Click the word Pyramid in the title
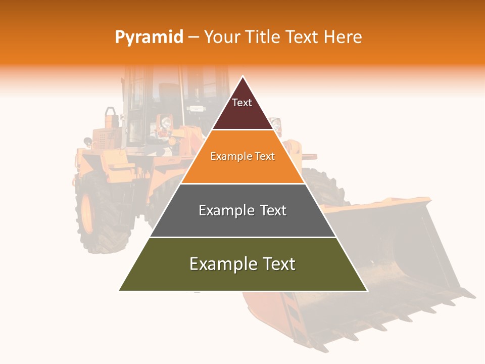point(149,37)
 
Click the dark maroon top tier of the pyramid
point(243,114)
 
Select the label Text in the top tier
point(242,103)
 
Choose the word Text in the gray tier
point(273,210)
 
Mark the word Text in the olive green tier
point(279,264)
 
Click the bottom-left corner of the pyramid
point(120,290)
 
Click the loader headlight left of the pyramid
point(165,122)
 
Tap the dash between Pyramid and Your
point(193,37)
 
